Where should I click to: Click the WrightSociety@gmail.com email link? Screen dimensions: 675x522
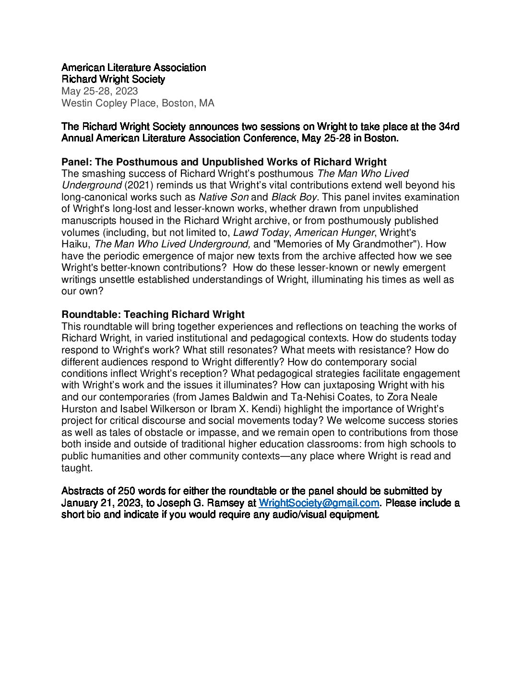(x=319, y=503)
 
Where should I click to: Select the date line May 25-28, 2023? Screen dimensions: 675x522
(x=100, y=91)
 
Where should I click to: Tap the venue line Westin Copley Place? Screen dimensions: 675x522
(x=138, y=103)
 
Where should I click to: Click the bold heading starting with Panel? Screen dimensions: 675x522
(x=224, y=162)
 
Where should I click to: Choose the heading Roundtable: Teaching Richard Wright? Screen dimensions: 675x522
(x=153, y=314)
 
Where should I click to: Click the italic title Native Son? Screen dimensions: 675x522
(x=224, y=197)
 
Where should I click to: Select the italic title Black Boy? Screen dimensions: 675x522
(x=294, y=197)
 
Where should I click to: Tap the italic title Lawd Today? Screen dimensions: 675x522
(x=261, y=233)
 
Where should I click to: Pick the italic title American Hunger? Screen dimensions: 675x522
(x=334, y=233)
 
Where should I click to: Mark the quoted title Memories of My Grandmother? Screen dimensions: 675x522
(x=345, y=244)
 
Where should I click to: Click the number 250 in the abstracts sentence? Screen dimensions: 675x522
(x=126, y=491)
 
